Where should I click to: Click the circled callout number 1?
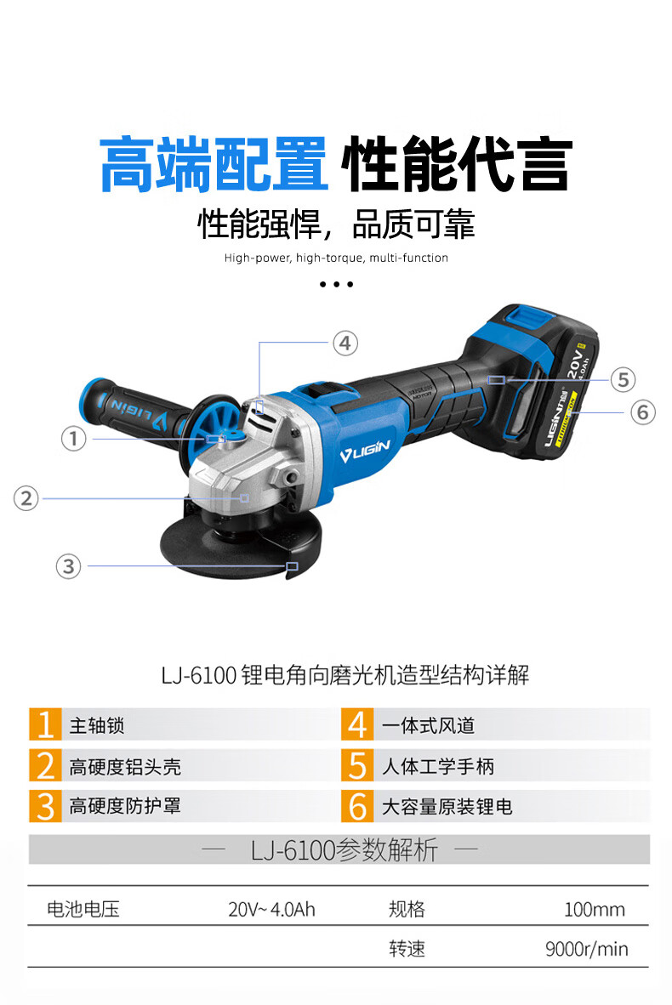click(x=74, y=439)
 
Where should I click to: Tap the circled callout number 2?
click(x=26, y=498)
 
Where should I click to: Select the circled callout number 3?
click(x=69, y=566)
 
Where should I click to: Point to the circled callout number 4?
click(x=345, y=343)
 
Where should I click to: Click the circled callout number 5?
click(x=623, y=379)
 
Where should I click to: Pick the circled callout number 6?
click(x=642, y=412)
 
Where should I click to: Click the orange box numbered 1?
click(x=45, y=724)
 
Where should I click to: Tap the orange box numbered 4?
click(x=357, y=724)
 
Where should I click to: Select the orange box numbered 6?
click(x=357, y=806)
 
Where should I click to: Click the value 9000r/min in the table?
click(x=587, y=949)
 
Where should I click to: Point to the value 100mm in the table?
click(x=595, y=909)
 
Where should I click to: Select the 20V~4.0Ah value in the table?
click(x=272, y=909)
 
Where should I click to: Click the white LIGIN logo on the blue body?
click(x=365, y=450)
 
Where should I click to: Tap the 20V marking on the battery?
click(x=575, y=362)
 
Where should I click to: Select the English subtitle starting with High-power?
click(x=336, y=258)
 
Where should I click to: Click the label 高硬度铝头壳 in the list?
click(x=125, y=767)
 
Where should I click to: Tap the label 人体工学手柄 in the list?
click(x=438, y=767)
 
